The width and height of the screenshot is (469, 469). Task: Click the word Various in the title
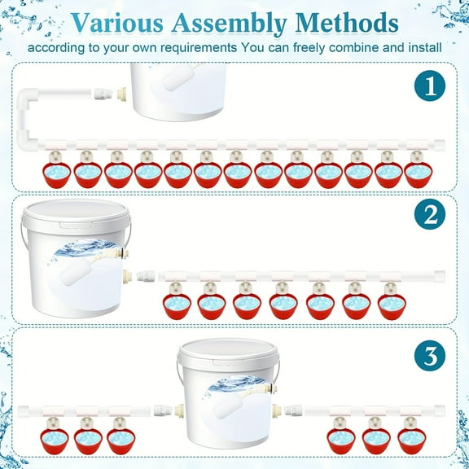120,22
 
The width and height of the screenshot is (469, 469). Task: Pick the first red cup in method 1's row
57,173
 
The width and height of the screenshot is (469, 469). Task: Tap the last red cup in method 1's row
417,173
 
